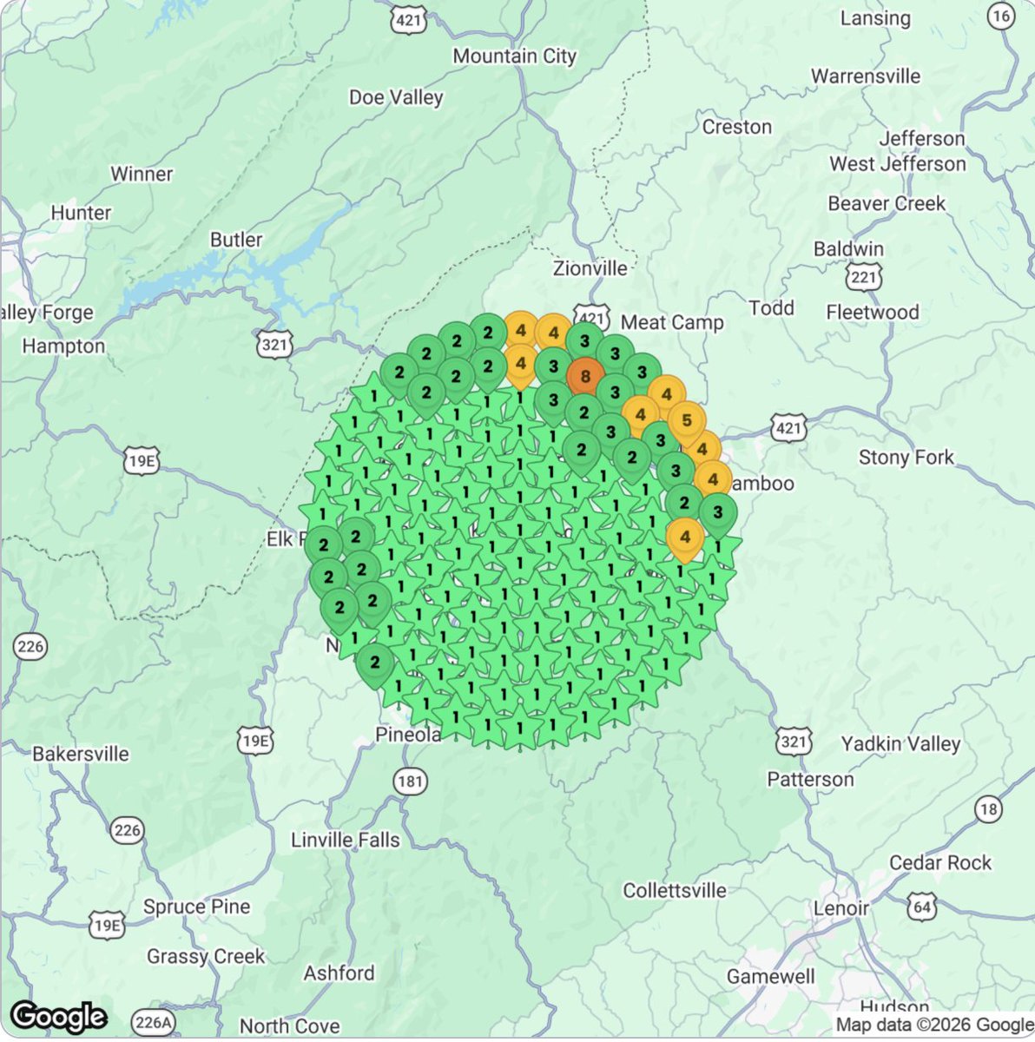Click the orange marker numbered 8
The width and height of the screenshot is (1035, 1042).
585,377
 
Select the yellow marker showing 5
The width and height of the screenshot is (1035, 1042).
686,421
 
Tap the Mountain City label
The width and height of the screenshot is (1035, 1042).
514,56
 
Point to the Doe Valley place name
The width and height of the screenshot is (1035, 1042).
396,97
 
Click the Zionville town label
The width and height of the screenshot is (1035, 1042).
590,269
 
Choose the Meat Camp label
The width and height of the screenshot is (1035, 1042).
672,323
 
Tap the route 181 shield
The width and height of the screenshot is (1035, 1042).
410,781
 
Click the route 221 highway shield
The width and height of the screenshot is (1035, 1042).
864,277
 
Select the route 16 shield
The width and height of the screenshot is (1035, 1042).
1001,16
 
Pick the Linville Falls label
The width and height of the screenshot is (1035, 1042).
345,841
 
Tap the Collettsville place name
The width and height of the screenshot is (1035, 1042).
675,891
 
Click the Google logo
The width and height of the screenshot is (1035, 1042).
58,1016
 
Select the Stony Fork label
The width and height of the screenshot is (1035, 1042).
906,458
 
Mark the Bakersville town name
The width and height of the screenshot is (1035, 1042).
80,754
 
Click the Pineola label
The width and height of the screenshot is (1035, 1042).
408,735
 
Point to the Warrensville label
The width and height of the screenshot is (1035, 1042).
866,76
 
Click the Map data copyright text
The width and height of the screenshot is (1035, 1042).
933,1026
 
